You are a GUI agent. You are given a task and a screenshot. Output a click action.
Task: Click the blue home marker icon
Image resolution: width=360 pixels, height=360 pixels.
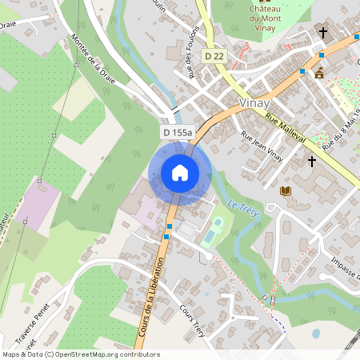click(x=180, y=172)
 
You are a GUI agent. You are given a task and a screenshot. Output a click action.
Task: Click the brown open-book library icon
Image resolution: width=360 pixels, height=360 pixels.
click(x=286, y=190)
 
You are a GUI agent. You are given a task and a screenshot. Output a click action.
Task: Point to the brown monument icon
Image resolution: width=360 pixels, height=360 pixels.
click(x=320, y=74)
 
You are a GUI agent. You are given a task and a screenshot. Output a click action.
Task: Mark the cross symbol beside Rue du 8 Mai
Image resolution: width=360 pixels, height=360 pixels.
click(x=312, y=161)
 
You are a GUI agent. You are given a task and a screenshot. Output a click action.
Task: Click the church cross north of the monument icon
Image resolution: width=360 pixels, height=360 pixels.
click(x=323, y=33)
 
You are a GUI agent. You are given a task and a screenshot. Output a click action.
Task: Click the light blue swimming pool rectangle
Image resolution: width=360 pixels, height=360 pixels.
click(x=209, y=237)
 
